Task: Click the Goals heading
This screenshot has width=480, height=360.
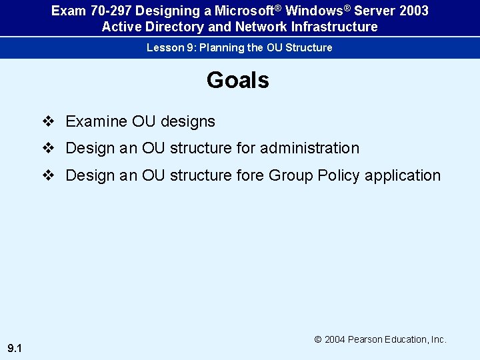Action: tap(238, 80)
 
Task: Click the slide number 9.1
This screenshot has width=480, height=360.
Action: tap(15, 348)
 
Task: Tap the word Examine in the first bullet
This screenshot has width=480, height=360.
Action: tap(96, 121)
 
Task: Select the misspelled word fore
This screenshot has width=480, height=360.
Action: tap(251, 175)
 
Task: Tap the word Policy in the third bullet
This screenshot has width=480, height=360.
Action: tap(339, 175)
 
